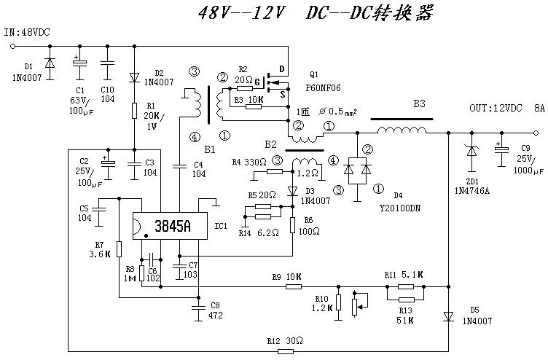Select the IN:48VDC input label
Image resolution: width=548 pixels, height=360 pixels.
pos(28,33)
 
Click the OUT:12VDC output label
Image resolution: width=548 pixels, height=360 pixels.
pos(495,108)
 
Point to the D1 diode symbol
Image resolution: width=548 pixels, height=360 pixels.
pos(50,64)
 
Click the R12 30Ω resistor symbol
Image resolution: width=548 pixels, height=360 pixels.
pos(285,351)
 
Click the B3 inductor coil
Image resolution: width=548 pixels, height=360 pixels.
pos(402,130)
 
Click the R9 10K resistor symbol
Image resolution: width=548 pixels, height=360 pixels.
pos(294,286)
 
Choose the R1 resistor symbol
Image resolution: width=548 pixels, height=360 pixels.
pos(135,111)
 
